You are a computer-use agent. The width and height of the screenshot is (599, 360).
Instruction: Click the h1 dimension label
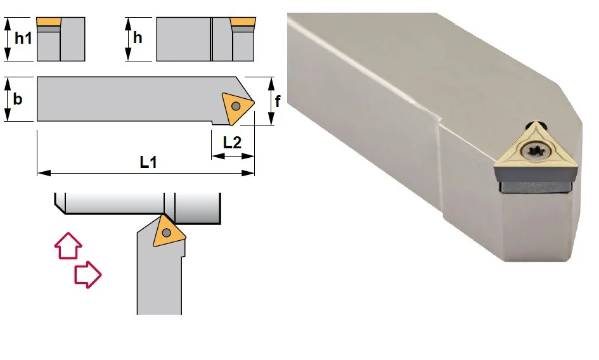point(23,38)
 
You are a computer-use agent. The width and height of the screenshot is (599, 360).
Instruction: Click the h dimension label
point(138,38)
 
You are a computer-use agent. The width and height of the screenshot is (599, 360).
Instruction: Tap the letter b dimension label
point(18,99)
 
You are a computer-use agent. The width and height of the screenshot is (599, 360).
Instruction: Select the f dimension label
point(278,101)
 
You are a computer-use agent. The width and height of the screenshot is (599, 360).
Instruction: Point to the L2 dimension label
point(232,143)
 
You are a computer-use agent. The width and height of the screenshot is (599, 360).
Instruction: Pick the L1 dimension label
point(148,162)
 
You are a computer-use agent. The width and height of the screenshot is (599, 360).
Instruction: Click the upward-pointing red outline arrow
point(68,246)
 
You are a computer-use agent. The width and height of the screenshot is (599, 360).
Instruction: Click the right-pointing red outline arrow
point(88,275)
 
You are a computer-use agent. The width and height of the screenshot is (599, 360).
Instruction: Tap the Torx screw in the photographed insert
point(535,151)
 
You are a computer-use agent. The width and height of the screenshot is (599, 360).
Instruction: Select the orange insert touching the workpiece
point(168,231)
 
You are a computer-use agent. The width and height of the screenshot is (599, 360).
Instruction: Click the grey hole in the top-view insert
point(236,106)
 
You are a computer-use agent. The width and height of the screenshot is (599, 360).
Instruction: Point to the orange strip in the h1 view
point(49,22)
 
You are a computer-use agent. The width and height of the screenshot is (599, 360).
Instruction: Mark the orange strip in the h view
point(243,22)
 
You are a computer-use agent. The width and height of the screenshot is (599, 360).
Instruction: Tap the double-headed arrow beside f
point(271,101)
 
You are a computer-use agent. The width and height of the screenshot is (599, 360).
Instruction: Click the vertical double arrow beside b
point(8,99)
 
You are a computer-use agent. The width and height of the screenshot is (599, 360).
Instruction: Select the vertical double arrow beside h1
point(8,39)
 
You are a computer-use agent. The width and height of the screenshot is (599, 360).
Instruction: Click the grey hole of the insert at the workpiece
point(166,232)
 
